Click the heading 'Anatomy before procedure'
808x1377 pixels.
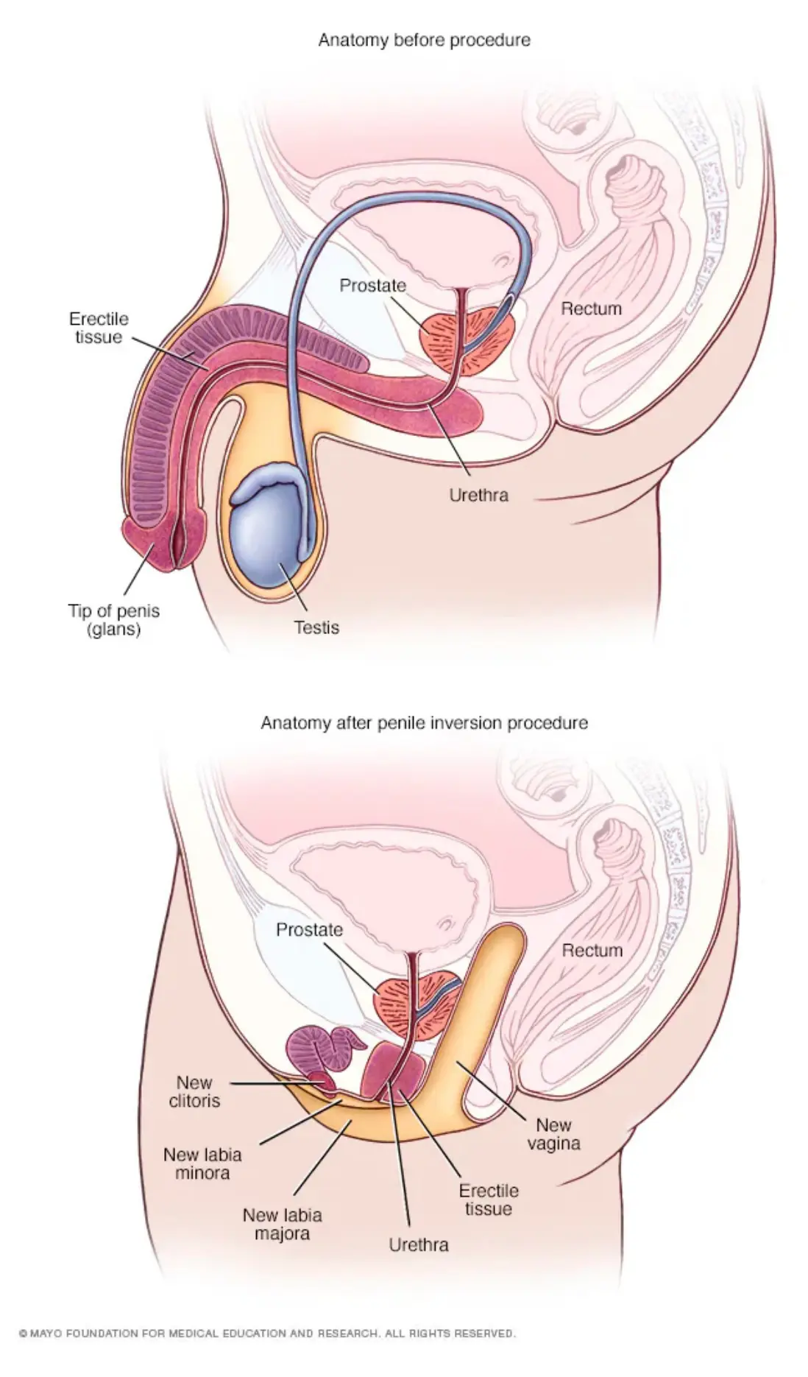click(424, 40)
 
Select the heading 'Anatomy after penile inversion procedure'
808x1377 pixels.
click(424, 723)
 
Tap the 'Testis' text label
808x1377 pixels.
click(317, 627)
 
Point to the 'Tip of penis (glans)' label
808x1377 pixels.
click(114, 620)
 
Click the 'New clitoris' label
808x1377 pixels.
click(194, 1092)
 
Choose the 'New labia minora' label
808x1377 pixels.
click(202, 1163)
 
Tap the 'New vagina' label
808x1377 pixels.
click(553, 1134)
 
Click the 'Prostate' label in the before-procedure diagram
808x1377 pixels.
click(372, 285)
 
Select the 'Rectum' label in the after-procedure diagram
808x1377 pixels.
click(592, 951)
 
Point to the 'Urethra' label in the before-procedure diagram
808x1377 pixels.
click(478, 495)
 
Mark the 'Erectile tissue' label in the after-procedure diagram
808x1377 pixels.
click(489, 1200)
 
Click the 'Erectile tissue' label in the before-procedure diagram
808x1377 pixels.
click(99, 328)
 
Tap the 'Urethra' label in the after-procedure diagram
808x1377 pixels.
click(419, 1244)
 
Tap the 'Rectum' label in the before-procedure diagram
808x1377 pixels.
click(592, 309)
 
